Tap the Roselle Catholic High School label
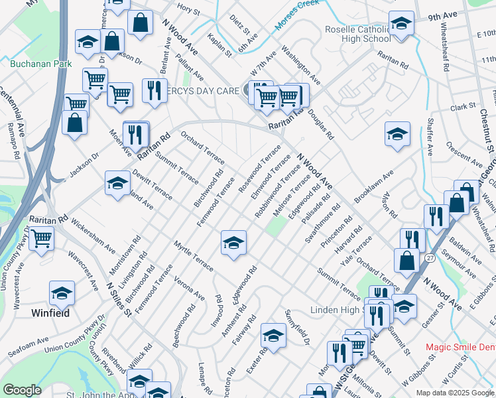coord(357,34)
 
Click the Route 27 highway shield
coord(430,257)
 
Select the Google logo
coord(22,390)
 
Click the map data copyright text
coord(455,393)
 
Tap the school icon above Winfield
coord(62,293)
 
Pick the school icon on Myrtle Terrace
coord(233,243)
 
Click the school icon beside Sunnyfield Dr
coord(273,336)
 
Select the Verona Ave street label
coord(190,288)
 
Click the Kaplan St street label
coord(219,44)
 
